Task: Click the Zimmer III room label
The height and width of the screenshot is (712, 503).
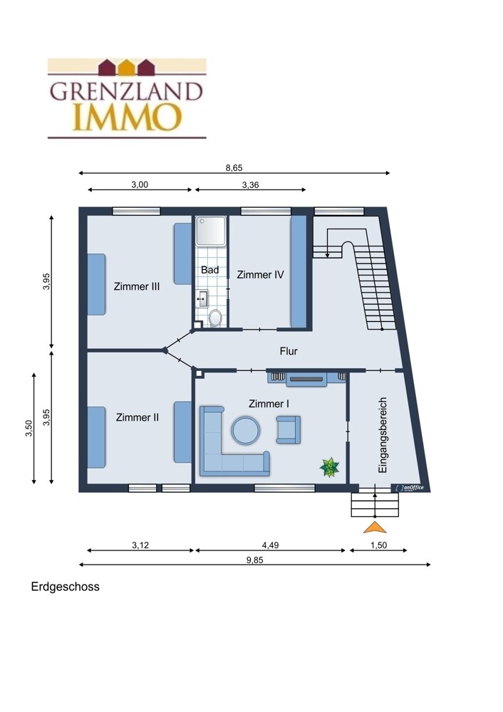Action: [x=136, y=286]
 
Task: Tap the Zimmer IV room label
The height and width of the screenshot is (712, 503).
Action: [x=260, y=275]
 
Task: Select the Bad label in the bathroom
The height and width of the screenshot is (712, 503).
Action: [x=210, y=270]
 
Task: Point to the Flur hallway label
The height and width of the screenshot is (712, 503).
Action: [x=289, y=351]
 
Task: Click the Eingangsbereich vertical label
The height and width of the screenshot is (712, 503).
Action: [x=383, y=436]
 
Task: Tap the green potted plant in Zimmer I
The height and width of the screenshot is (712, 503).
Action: [x=329, y=467]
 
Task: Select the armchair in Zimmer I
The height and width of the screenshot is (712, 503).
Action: [x=288, y=429]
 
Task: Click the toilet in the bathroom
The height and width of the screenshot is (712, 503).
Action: [x=215, y=318]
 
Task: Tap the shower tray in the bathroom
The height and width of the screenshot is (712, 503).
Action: [x=211, y=231]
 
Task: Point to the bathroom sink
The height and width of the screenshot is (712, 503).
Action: [x=202, y=299]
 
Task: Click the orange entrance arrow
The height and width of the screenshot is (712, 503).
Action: [x=375, y=528]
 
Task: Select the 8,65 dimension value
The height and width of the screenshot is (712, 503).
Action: [x=234, y=168]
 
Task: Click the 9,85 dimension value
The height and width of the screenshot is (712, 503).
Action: [x=255, y=560]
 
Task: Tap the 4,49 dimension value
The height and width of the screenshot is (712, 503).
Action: [x=270, y=545]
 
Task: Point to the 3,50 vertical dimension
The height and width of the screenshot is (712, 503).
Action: [x=28, y=428]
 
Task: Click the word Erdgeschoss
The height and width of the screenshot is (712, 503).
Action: [x=65, y=587]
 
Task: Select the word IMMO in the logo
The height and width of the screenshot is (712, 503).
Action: [x=128, y=117]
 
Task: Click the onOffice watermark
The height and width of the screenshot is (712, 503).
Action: [x=410, y=488]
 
